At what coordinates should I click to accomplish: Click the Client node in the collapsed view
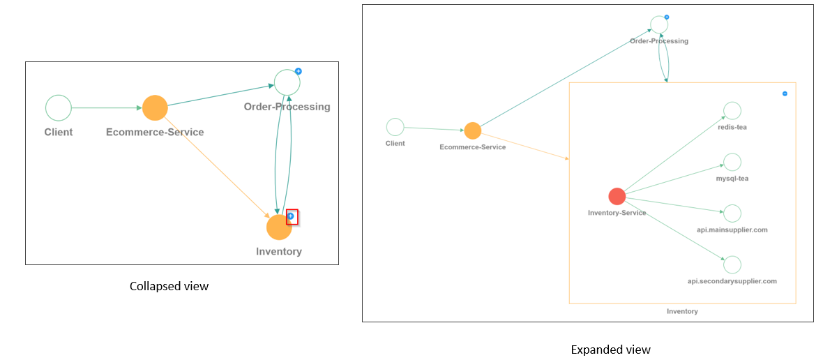[x=59, y=108]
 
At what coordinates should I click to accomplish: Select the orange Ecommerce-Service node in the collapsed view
[x=155, y=108]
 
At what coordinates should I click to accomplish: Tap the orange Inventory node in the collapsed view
[x=278, y=227]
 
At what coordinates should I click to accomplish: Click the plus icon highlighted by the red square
[x=292, y=216]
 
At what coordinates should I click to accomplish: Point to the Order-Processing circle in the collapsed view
[x=287, y=82]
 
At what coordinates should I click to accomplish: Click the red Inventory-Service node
[x=617, y=196]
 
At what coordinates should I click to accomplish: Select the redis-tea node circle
[x=732, y=111]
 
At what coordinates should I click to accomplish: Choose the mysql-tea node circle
[x=732, y=162]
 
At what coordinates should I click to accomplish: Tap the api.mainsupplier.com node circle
[x=732, y=213]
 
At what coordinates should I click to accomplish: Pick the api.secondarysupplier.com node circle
[x=732, y=264]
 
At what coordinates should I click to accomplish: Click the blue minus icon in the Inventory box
[x=785, y=93]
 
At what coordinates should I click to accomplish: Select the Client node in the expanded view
[x=395, y=127]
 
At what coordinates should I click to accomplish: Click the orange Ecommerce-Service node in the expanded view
[x=472, y=130]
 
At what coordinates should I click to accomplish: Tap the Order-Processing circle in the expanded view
[x=658, y=24]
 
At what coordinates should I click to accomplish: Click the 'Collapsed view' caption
[x=169, y=286]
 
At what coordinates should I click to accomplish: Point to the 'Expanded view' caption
[x=610, y=350]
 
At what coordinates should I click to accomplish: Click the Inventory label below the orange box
[x=682, y=311]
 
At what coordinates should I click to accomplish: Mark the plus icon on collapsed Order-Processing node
[x=298, y=71]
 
